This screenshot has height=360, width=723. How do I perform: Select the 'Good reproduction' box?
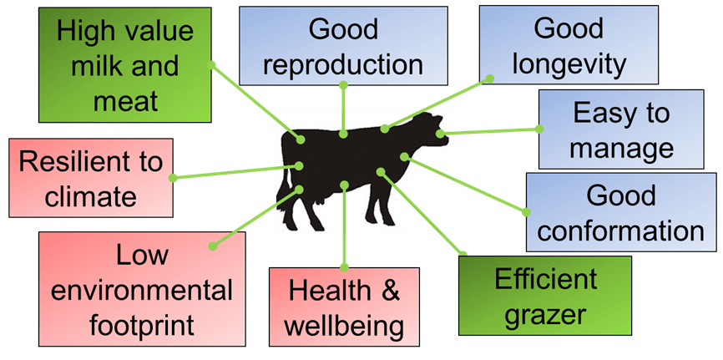tap(342, 46)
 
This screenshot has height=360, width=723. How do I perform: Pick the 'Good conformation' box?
tap(620, 214)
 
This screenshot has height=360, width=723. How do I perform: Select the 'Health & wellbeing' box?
tap(343, 307)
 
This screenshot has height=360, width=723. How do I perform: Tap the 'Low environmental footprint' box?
tap(143, 288)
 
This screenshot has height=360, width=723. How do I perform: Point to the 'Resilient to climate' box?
tap(90, 178)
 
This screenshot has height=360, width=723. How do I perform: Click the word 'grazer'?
tap(545, 316)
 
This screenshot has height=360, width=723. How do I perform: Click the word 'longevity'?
tap(557, 63)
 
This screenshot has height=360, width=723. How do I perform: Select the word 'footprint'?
tap(143, 322)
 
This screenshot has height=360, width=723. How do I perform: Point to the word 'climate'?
tap(90, 196)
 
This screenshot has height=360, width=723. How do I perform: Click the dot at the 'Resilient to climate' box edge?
tap(172, 177)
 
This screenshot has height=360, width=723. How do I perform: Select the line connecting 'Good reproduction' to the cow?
tap(343, 109)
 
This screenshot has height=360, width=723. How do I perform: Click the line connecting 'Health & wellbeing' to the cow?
tap(344, 226)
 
